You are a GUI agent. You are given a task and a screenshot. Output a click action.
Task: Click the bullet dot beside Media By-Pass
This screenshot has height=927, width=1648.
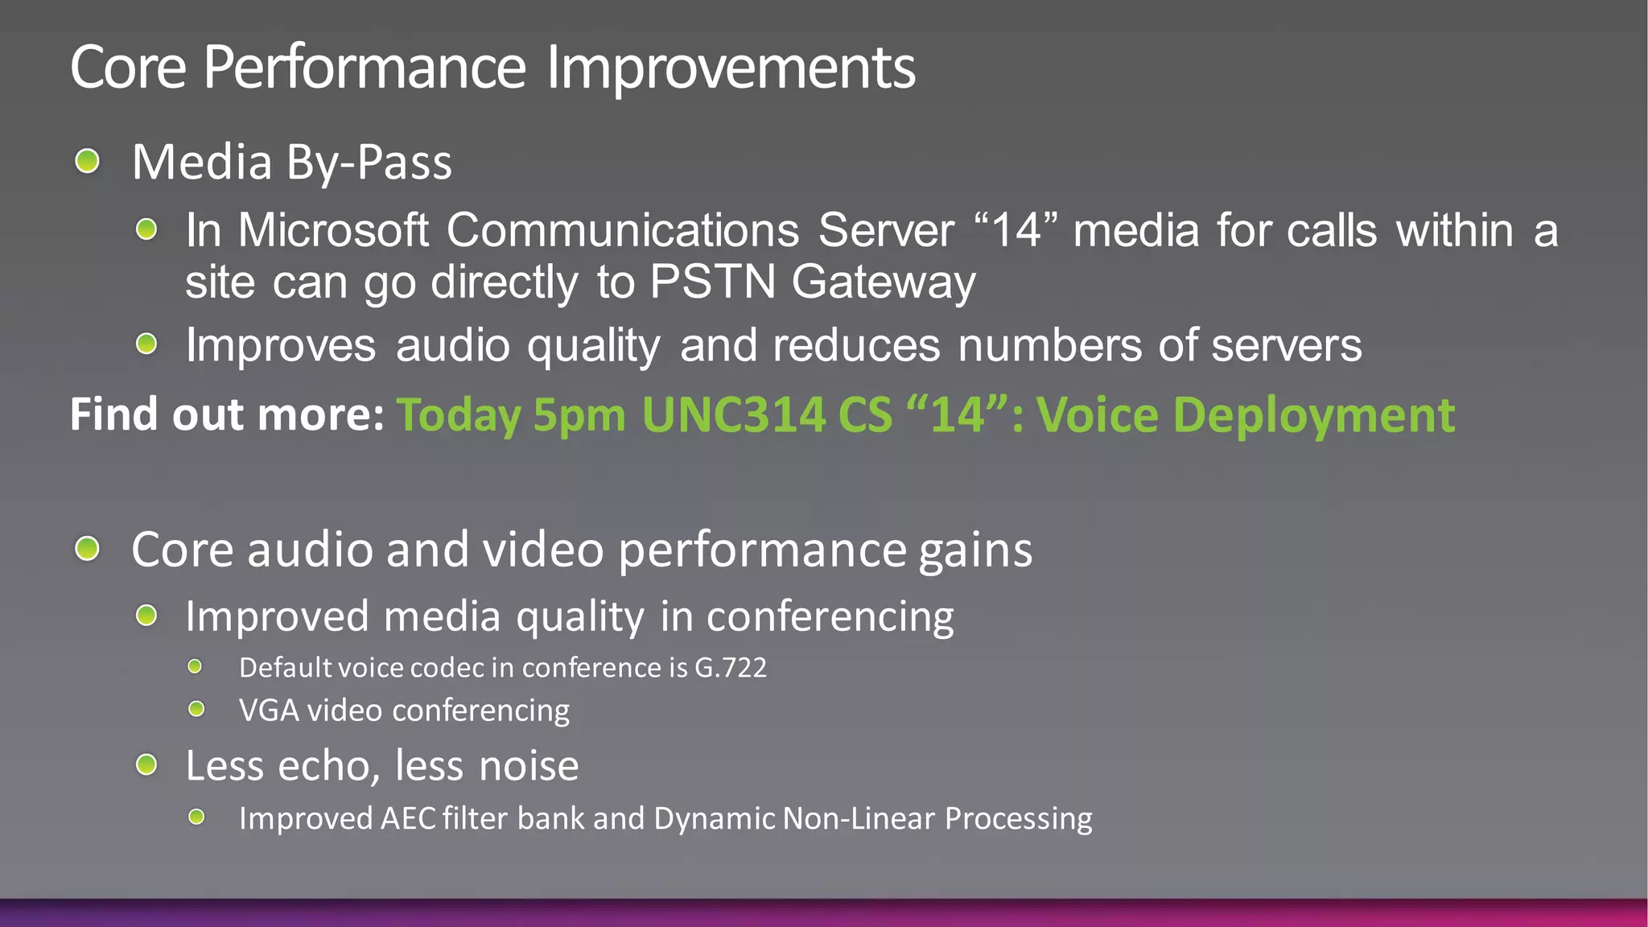coord(87,161)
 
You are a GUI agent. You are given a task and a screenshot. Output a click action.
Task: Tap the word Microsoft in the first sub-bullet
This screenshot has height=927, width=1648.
coord(333,231)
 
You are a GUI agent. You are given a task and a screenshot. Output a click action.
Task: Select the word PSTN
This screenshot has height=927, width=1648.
coord(712,282)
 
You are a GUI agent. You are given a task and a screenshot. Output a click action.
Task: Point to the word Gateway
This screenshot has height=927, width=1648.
coord(884,284)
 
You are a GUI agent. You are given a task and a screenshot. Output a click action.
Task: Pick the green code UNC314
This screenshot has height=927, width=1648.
coord(733,415)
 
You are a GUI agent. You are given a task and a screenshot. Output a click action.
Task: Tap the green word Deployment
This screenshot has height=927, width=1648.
coord(1314,417)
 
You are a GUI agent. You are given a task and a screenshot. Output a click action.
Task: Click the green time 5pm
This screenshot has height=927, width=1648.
coord(579,417)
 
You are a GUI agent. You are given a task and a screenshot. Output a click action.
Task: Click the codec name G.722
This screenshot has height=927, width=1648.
coord(731,668)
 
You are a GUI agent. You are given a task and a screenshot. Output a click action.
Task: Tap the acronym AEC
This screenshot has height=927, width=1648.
coord(408,818)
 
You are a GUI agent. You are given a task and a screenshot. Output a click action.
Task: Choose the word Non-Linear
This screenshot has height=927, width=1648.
coord(859,818)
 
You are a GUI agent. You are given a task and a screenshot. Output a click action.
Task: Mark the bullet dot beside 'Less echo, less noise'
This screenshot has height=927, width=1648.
coord(146,764)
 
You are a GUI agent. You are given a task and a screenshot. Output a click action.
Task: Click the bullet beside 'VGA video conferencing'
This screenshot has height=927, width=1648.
coord(196,709)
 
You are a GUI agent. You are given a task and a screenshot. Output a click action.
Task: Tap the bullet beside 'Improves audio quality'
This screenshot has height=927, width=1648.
coord(146,345)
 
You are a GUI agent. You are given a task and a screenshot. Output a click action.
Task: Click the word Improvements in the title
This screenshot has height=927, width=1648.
coord(731,68)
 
